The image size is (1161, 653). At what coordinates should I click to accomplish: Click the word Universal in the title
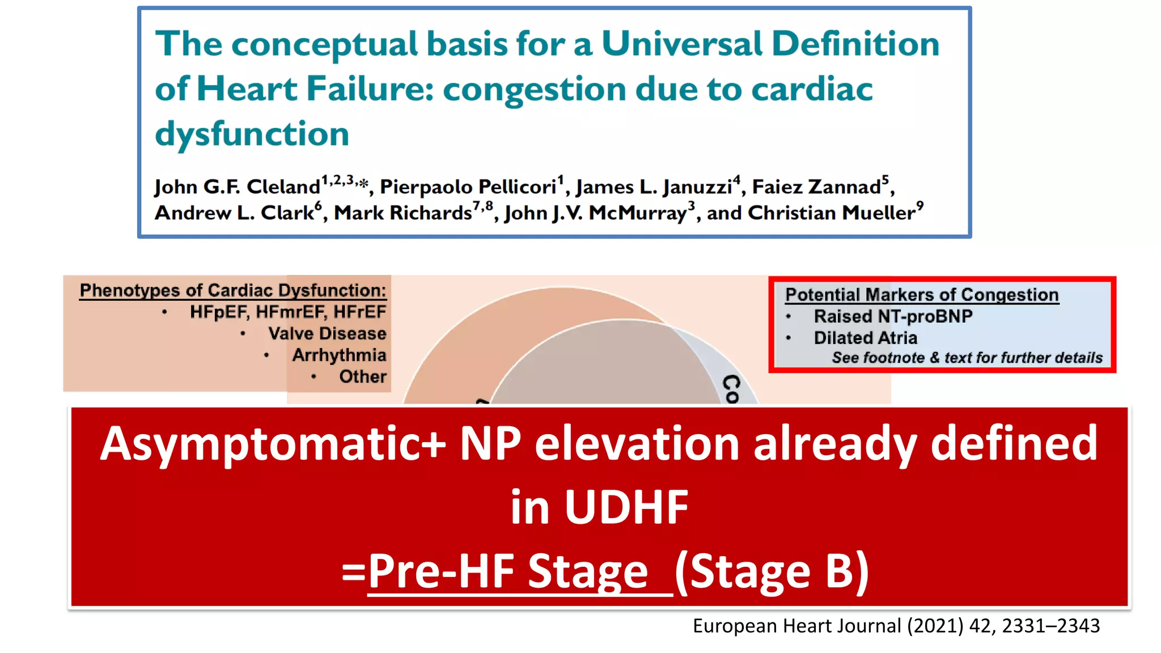pos(681,44)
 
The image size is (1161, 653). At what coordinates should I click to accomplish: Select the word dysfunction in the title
pos(252,134)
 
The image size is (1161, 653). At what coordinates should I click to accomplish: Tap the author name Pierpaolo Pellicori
pos(468,187)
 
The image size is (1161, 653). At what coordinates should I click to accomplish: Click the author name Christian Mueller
pos(832,213)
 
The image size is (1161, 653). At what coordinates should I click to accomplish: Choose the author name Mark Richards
pos(402,213)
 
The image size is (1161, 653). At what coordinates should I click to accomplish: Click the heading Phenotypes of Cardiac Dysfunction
pos(232,290)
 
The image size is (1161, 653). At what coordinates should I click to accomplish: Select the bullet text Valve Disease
pos(327,333)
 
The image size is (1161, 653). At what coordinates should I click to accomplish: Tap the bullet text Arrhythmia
pos(339,355)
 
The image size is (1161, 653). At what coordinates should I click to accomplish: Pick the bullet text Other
pos(363,376)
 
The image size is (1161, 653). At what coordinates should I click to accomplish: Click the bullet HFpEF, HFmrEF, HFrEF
pos(287,312)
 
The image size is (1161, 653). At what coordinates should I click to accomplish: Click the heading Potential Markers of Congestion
pos(922,295)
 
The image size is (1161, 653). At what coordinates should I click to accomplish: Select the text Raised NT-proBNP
pos(893,316)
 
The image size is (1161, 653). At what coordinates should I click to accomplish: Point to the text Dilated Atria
pos(865,338)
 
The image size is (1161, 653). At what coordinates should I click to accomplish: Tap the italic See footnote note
pos(967,358)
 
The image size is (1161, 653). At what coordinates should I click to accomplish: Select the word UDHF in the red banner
pos(626,507)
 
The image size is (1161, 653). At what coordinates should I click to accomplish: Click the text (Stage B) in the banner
pos(772,571)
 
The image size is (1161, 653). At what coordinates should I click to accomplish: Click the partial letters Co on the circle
pos(732,389)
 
